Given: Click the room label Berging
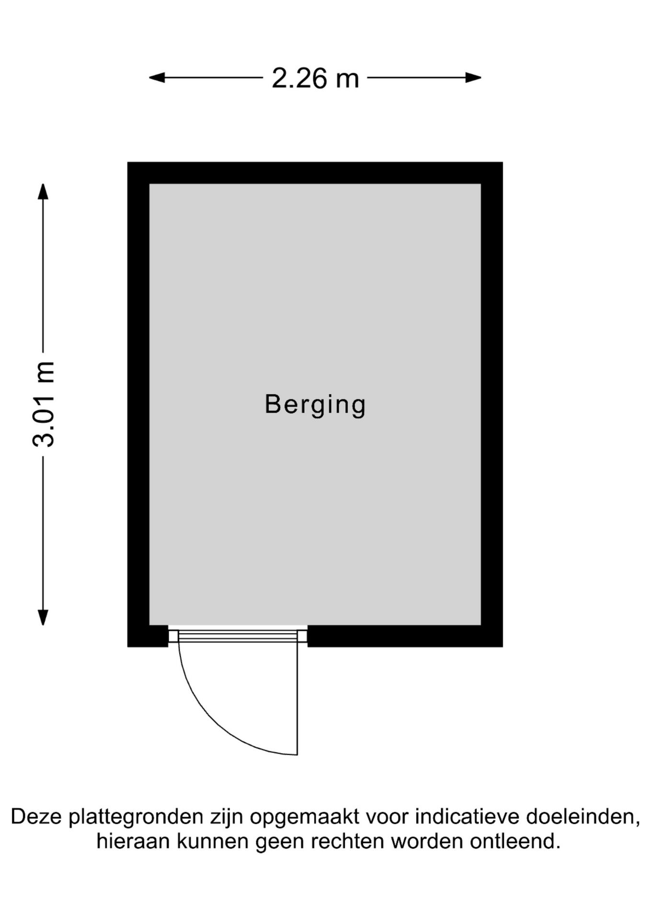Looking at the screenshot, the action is (315, 405).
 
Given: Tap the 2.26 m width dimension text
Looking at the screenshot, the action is (315, 78).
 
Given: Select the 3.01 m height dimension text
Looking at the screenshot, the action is (44, 404).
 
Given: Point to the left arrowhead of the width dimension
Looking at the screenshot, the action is (157, 78).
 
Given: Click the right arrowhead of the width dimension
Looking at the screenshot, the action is (473, 78).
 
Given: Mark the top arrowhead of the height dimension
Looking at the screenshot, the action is (43, 192).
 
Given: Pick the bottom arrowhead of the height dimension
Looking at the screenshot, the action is (43, 617).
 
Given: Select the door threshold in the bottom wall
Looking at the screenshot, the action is (238, 636).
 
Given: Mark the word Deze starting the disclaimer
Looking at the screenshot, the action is (36, 817).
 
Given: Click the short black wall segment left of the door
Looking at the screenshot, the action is (148, 636).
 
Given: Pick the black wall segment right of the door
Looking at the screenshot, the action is (405, 636).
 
